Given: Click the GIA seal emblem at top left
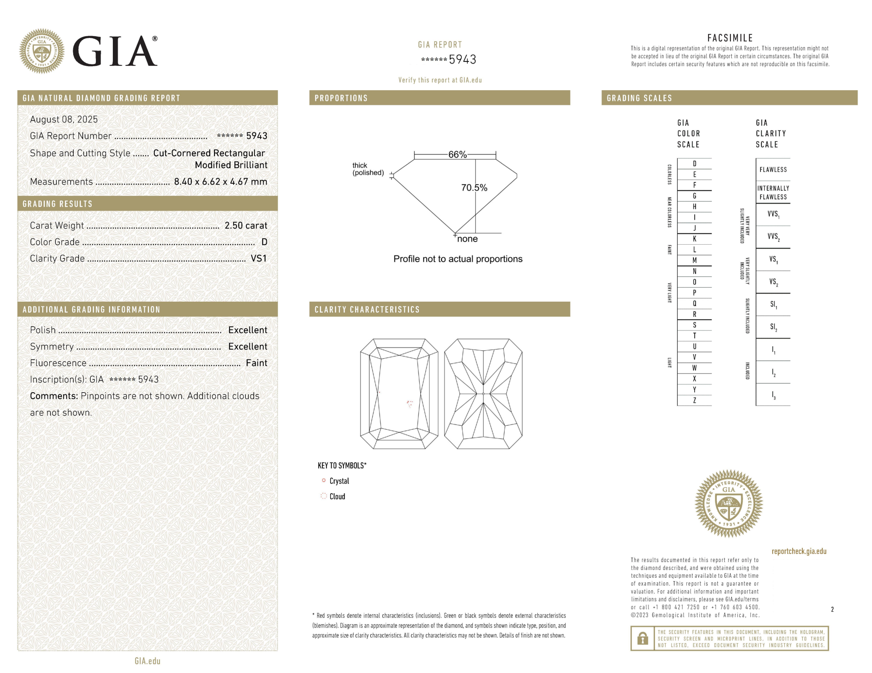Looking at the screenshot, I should tap(42, 51).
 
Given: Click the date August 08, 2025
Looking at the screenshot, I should tap(64, 119).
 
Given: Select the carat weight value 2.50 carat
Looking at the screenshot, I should tap(246, 225).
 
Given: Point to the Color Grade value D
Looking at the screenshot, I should tap(264, 242).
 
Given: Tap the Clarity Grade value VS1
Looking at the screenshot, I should tap(258, 259).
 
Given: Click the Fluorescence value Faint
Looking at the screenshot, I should tap(256, 363).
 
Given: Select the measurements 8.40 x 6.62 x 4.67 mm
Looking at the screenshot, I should tap(221, 182).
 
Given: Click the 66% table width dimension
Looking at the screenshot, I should tap(457, 155).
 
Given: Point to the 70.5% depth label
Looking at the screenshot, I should tap(474, 188).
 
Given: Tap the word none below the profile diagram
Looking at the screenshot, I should tap(467, 239).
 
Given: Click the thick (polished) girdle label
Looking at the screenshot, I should tap(368, 169).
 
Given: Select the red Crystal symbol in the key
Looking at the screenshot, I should tap(324, 481).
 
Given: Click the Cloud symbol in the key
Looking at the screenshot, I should tap(324, 496).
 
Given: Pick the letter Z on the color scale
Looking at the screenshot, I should tap(694, 400).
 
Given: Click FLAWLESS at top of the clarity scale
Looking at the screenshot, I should tap(773, 170).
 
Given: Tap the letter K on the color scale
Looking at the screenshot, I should tap(694, 239).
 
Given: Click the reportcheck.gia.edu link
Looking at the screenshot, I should tap(799, 551).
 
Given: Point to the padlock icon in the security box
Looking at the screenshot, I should tap(642, 639).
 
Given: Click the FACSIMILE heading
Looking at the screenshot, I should tap(730, 38).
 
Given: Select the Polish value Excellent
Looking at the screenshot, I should tap(248, 330).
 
